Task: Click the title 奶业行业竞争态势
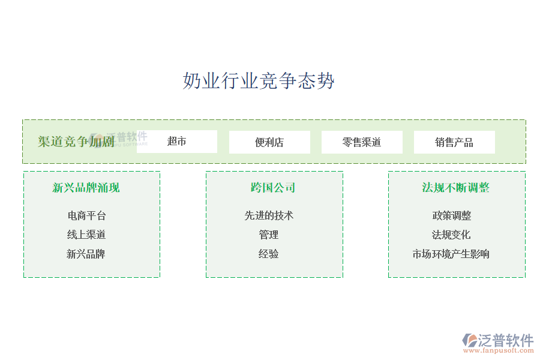coord(259,80)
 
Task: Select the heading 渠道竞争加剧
coord(76,142)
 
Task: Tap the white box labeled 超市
coord(177,142)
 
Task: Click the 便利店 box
coord(269,142)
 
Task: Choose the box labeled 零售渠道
coord(362,142)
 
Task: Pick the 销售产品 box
coord(454,142)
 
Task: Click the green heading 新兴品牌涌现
coord(86,188)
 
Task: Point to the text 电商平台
coord(86,215)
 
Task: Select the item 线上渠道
coord(86,235)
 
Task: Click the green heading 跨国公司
coord(273,188)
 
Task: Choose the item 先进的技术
coord(269,215)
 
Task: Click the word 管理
coord(269,235)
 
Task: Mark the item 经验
coord(269,254)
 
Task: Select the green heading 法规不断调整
coord(456,188)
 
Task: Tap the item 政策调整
coord(452,215)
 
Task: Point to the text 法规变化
coord(451,235)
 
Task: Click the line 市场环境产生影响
coord(451,254)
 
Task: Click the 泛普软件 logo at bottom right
coord(498,340)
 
